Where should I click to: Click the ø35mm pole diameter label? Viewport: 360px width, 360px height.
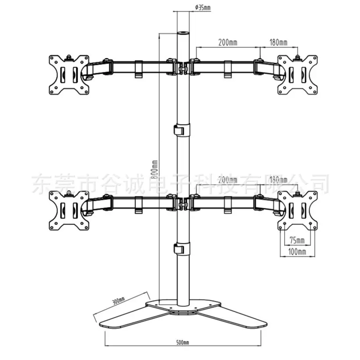click(x=203, y=8)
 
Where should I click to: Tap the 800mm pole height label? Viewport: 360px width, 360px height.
click(x=154, y=169)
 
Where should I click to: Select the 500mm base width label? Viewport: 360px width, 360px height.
click(x=183, y=342)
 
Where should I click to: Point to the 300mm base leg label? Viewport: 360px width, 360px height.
click(x=119, y=300)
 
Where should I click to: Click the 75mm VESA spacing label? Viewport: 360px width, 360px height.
click(x=297, y=240)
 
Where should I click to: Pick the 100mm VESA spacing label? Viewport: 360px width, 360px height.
click(x=297, y=252)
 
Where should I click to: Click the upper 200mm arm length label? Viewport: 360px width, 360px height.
click(x=228, y=43)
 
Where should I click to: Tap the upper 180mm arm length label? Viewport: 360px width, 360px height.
click(x=278, y=43)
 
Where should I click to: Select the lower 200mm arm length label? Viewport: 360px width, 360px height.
click(x=228, y=180)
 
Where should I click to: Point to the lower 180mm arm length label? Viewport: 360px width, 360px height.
click(x=278, y=180)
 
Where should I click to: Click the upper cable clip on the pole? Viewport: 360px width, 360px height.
click(x=182, y=130)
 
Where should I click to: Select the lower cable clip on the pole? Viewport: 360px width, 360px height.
click(x=182, y=249)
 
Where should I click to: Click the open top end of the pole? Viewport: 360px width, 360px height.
click(x=183, y=33)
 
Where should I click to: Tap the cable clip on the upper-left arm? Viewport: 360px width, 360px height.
click(x=139, y=69)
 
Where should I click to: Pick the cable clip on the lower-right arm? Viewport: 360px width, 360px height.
click(x=228, y=205)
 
